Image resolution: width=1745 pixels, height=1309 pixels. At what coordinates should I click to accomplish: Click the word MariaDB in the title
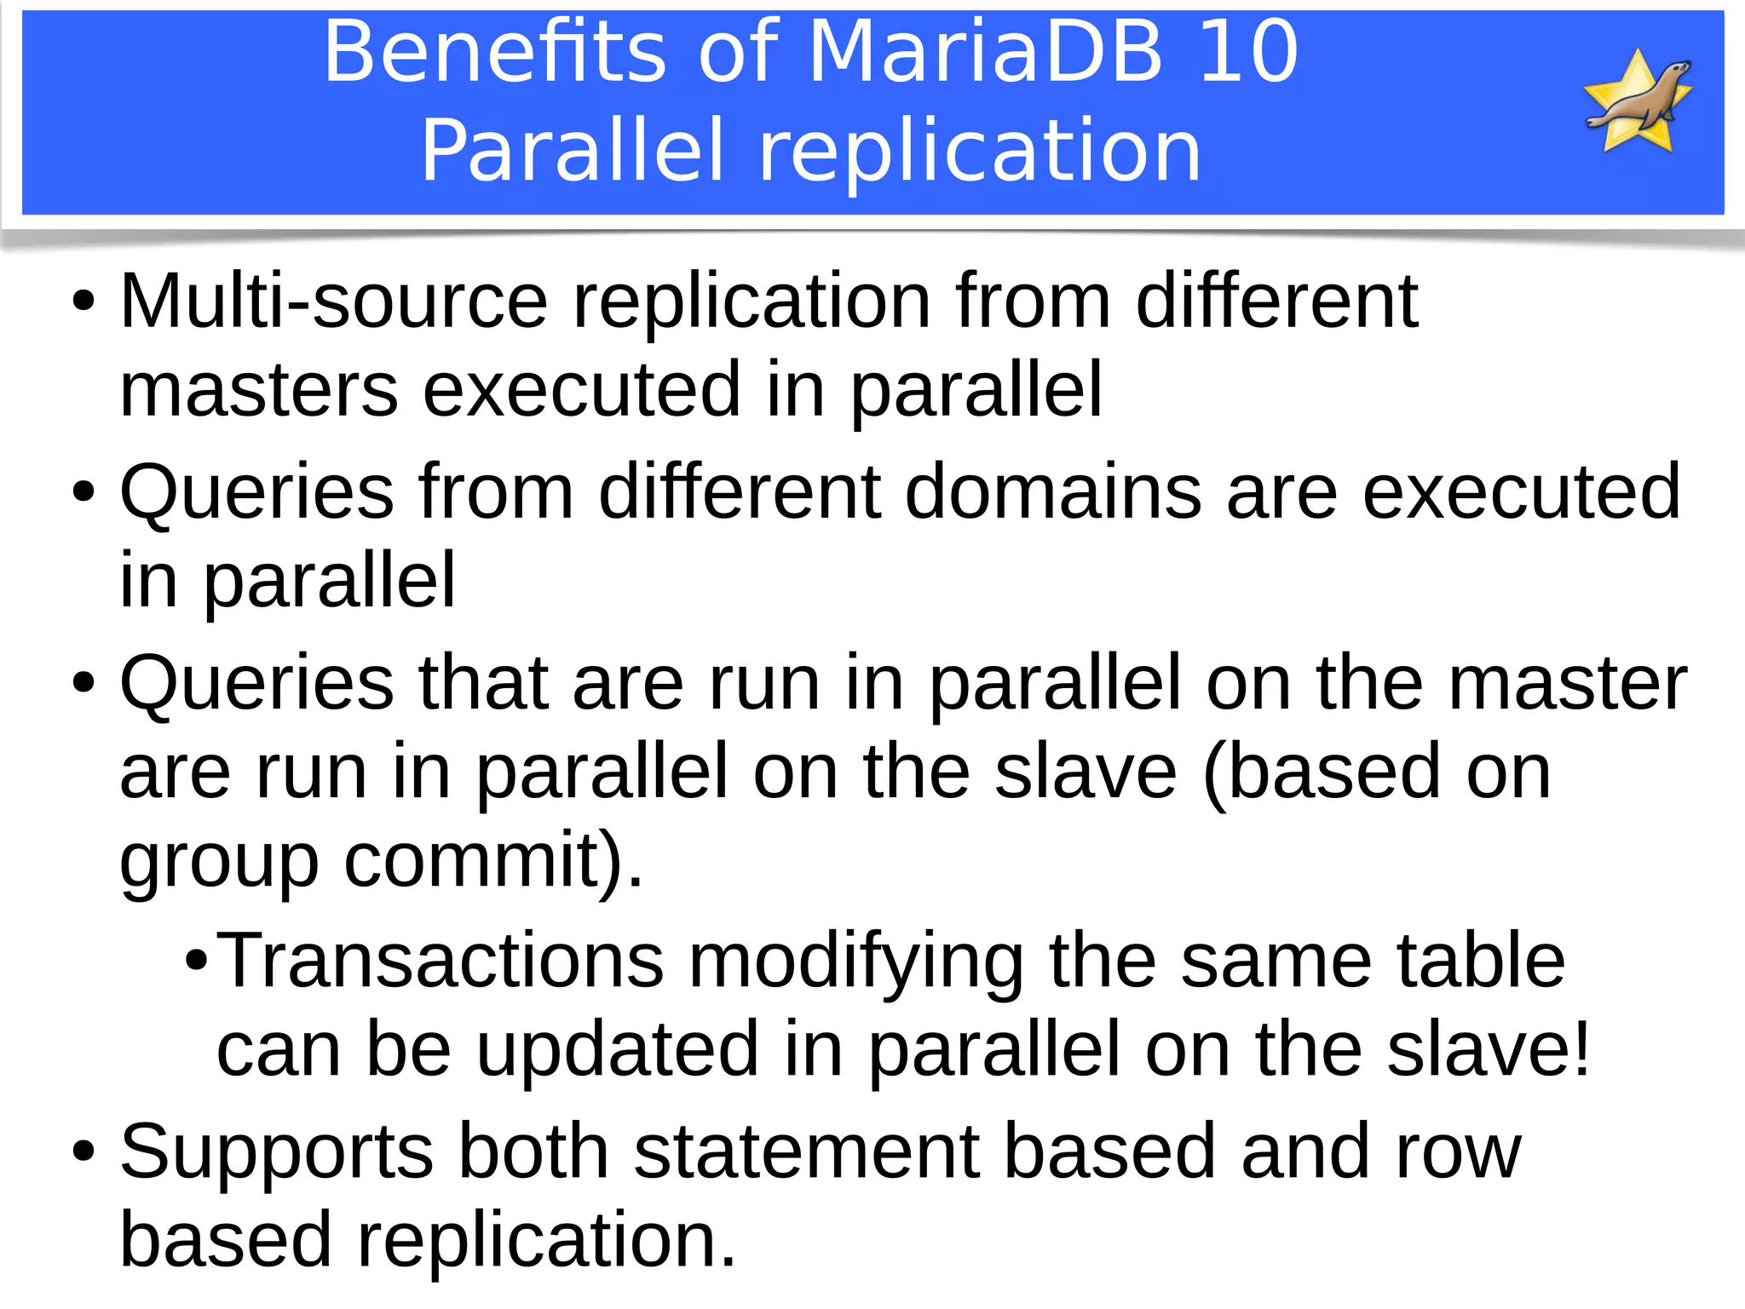tap(985, 53)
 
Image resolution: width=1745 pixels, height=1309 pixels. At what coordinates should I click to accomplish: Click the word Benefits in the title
tap(494, 53)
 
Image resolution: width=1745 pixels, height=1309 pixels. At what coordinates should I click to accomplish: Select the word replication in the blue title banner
tap(979, 152)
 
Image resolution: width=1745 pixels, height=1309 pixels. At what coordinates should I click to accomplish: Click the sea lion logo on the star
tap(1638, 100)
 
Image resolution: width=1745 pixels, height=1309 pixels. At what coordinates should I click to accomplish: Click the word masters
tap(259, 390)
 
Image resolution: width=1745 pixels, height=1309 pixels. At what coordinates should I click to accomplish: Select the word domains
tap(1053, 491)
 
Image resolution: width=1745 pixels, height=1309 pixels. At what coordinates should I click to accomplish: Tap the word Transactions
tap(440, 961)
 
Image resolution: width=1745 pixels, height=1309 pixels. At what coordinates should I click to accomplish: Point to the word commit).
tap(494, 860)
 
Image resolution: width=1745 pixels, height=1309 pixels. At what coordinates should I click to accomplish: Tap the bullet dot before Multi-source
tap(84, 301)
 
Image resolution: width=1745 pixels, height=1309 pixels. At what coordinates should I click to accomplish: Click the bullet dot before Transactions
tap(196, 962)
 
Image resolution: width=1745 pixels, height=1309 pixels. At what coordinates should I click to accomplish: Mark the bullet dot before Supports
tap(84, 1151)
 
